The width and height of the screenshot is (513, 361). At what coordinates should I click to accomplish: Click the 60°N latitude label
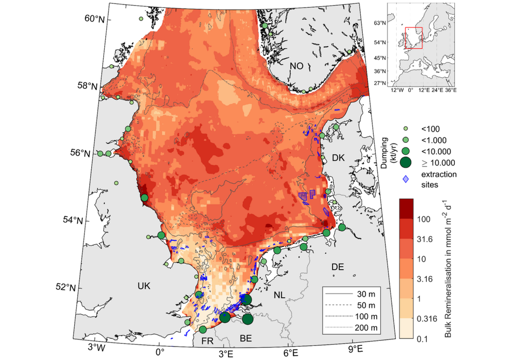point(94,19)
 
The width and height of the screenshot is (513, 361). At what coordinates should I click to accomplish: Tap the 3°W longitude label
point(96,347)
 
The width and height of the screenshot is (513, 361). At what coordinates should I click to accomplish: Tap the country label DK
point(339,158)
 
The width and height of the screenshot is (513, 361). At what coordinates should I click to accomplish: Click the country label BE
point(245,339)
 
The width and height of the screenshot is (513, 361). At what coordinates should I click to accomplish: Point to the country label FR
point(208,341)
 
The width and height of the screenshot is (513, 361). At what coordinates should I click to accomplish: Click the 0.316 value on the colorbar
point(427,319)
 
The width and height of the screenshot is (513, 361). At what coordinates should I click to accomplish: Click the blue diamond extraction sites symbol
point(406,179)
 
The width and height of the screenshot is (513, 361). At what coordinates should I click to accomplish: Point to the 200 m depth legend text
point(368,328)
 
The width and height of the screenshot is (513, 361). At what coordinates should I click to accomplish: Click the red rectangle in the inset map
point(414,38)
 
